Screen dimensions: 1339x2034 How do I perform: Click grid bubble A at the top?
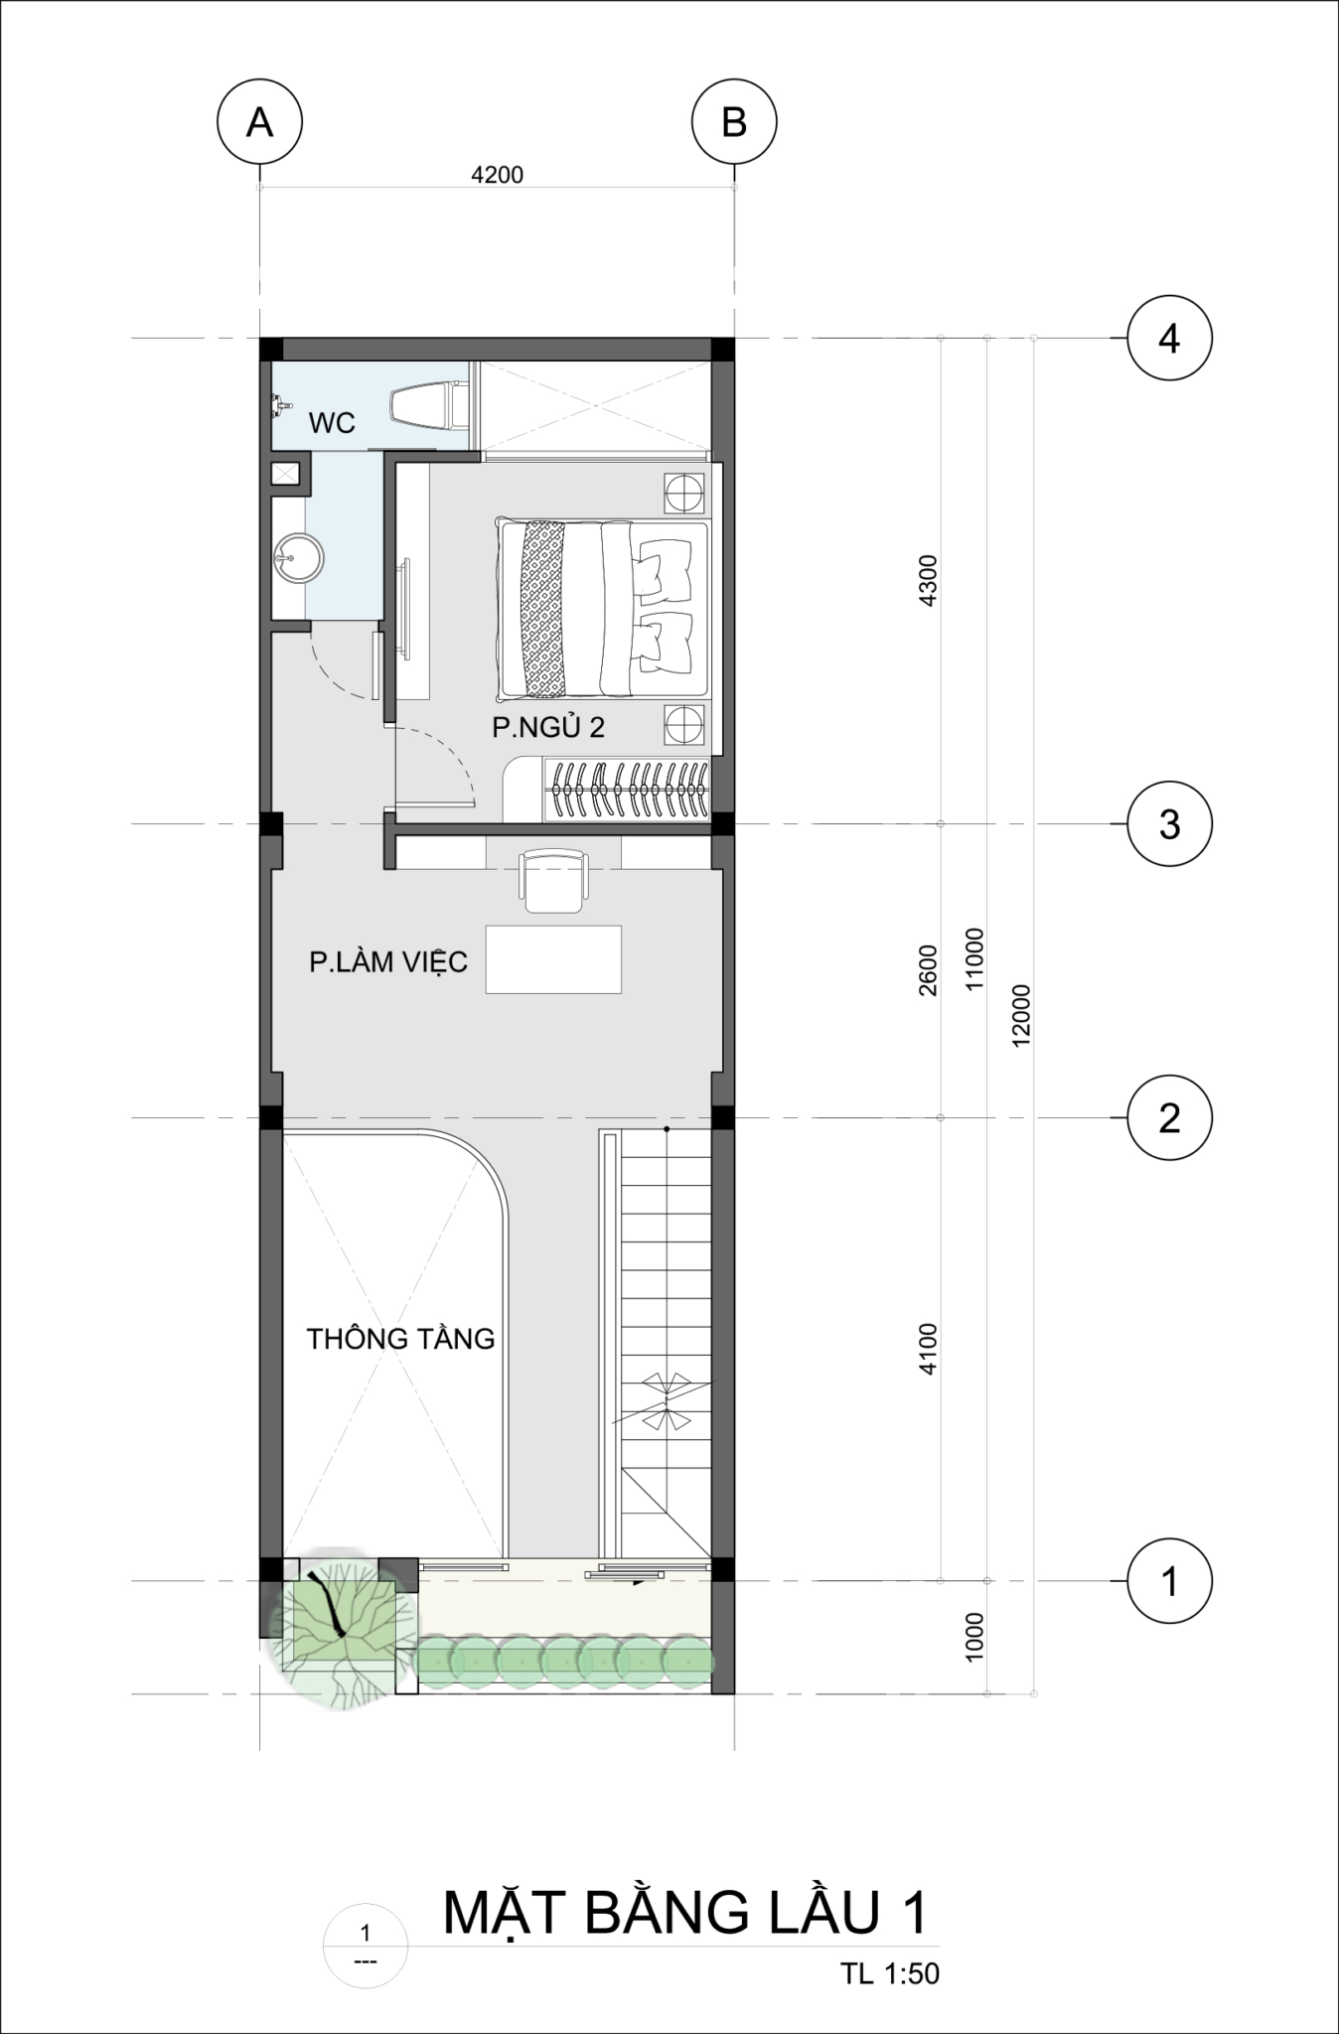click(259, 122)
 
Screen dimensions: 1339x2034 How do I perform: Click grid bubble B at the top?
click(734, 122)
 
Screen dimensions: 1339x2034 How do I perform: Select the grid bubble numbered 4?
click(1169, 339)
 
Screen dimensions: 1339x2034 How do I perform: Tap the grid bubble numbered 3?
click(1169, 823)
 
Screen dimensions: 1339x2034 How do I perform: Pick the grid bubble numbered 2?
click(1169, 1118)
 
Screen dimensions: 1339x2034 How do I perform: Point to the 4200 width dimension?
click(497, 175)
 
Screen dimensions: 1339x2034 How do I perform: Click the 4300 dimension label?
click(928, 581)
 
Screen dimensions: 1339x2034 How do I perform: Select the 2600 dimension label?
click(928, 970)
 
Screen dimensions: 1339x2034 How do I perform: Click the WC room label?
click(332, 423)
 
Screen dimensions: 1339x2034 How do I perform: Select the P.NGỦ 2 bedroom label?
click(548, 727)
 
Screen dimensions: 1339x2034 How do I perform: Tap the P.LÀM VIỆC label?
click(388, 961)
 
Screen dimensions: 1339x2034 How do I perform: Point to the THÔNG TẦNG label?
click(400, 1338)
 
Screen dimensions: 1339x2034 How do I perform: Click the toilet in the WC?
click(429, 407)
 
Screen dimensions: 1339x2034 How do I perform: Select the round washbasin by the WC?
click(299, 558)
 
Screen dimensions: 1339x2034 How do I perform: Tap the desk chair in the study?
click(553, 879)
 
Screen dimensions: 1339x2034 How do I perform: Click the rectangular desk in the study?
click(553, 959)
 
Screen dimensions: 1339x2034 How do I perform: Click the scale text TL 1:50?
click(890, 1972)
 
